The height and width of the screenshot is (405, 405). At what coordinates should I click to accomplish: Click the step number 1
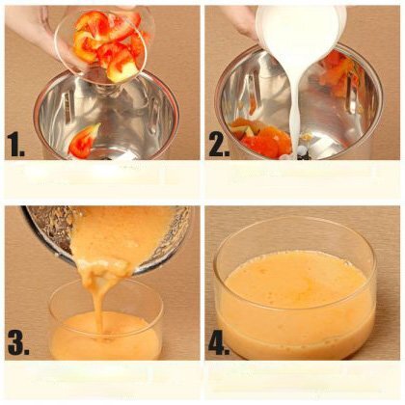click(x=16, y=145)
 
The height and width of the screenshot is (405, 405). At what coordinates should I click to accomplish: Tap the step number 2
click(x=220, y=145)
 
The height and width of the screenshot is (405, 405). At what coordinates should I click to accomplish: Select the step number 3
click(x=18, y=342)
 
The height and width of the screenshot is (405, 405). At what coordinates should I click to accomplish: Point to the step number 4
click(x=220, y=342)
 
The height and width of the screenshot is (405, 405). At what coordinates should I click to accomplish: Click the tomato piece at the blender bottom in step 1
click(x=83, y=142)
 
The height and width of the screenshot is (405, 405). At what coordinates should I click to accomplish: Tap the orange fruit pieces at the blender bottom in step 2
click(x=262, y=138)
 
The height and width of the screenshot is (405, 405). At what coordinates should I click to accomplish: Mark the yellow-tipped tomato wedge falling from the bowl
click(x=123, y=69)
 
